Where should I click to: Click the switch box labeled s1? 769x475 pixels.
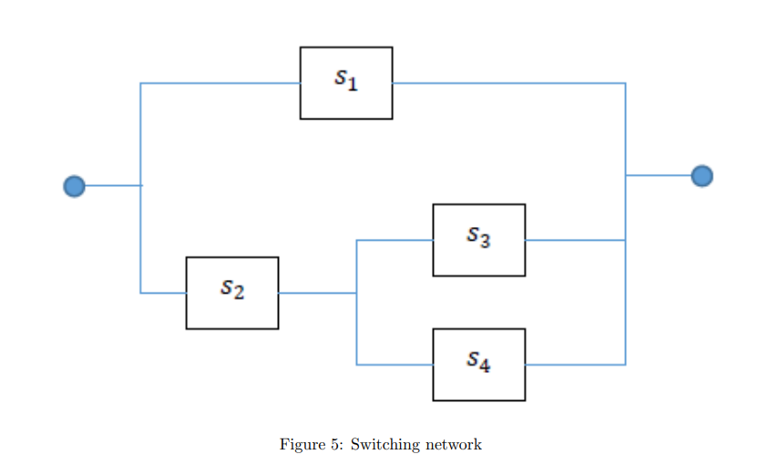(346, 83)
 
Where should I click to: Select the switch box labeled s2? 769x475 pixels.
(232, 293)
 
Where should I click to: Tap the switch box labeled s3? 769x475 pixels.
(479, 240)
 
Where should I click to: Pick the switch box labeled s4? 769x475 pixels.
(479, 365)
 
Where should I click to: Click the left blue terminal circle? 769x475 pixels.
(74, 186)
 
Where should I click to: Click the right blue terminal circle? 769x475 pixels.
(702, 175)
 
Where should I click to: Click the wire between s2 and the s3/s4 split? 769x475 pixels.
(317, 294)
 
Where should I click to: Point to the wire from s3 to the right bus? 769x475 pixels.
(575, 241)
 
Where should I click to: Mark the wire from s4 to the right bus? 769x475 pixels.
(575, 365)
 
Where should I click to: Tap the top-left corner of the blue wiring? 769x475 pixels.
(140, 84)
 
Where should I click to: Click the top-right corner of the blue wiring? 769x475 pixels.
(625, 84)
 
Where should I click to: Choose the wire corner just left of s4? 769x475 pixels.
(356, 365)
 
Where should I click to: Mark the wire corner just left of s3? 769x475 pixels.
(356, 241)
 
